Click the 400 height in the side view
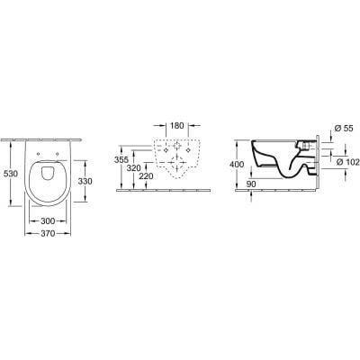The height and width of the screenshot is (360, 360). point(235,165)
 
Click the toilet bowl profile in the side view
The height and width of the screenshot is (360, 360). point(279,162)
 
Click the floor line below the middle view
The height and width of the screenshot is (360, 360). point(171,190)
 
